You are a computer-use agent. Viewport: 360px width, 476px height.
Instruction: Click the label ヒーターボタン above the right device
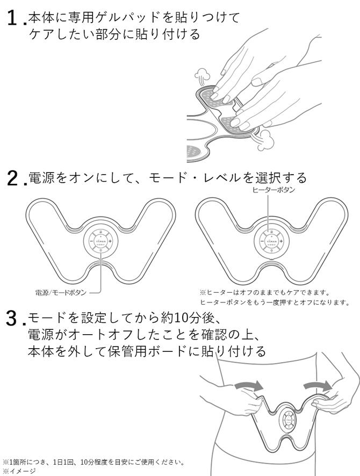[273, 190]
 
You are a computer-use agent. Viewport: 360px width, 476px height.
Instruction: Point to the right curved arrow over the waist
[318, 385]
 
